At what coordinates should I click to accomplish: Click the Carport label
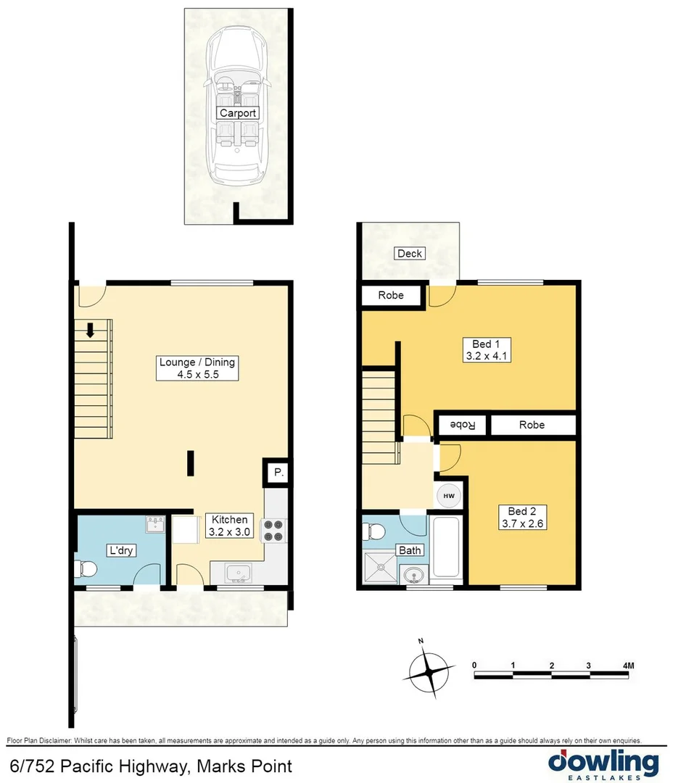[x=238, y=113]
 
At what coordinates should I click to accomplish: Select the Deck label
[x=410, y=253]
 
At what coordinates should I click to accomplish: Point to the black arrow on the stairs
[x=91, y=331]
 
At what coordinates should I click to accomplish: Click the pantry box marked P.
[x=278, y=473]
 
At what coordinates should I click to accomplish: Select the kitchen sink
[x=236, y=573]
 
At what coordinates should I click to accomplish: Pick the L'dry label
[x=120, y=550]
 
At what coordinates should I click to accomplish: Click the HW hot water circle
[x=449, y=496]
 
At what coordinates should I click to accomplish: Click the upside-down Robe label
[x=463, y=425]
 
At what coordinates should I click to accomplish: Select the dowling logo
[x=603, y=764]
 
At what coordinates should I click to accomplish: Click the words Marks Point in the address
[x=239, y=766]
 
